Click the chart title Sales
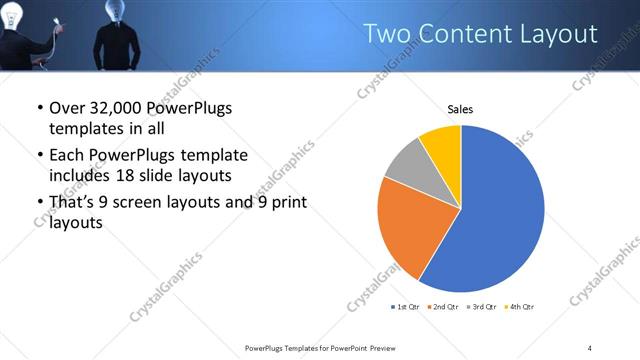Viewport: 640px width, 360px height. click(x=460, y=109)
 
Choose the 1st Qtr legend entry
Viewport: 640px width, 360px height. click(x=405, y=306)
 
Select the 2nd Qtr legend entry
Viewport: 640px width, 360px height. click(x=444, y=306)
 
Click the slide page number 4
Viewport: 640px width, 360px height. click(x=590, y=347)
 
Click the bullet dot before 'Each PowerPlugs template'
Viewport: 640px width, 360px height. click(x=39, y=156)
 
